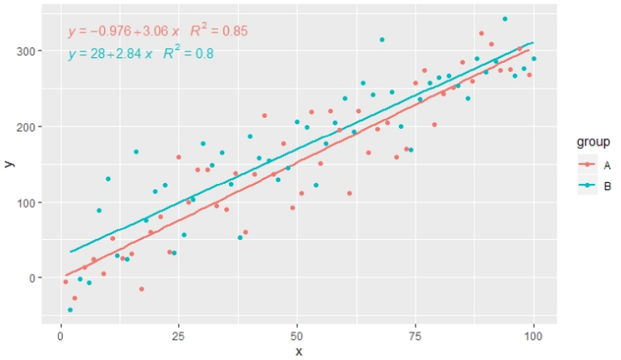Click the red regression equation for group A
pos(124,32)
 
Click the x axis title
pos(298,351)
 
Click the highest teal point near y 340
pos(505,19)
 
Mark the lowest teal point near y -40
pos(70,310)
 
